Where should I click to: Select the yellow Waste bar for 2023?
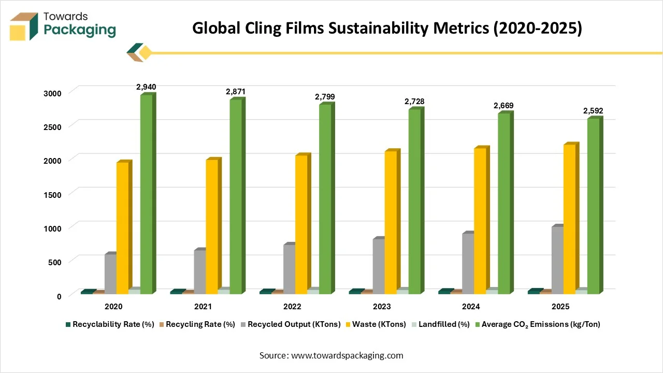click(x=391, y=223)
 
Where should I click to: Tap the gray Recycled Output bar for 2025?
click(x=557, y=260)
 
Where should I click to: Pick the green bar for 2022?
click(x=325, y=199)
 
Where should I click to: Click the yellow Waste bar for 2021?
click(x=212, y=227)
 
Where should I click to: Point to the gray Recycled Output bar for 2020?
click(x=110, y=274)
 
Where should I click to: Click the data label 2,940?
click(x=146, y=87)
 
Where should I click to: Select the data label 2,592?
click(x=593, y=111)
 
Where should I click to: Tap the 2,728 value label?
click(x=414, y=102)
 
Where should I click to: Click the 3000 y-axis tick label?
click(x=52, y=93)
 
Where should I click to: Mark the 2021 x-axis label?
click(x=203, y=307)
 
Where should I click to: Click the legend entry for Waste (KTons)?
click(x=379, y=324)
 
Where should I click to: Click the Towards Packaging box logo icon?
click(x=24, y=27)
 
